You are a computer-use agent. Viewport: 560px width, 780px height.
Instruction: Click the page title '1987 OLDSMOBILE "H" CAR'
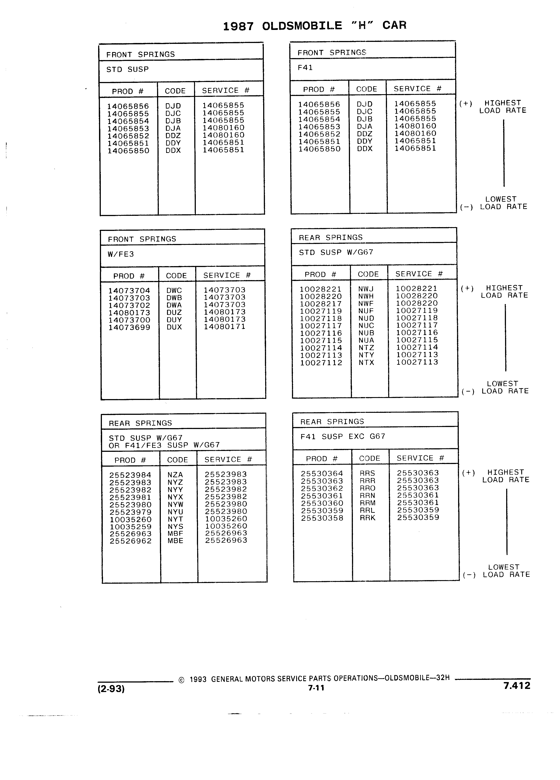coord(315,26)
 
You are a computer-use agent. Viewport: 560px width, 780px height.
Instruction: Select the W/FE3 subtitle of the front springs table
coord(121,254)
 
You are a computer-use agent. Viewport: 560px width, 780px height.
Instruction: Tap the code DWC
coord(174,290)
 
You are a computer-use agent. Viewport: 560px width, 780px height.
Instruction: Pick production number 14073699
coord(130,328)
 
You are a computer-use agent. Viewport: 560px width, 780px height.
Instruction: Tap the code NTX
coord(366,363)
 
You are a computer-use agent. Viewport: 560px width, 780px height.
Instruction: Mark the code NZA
coord(175,475)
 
